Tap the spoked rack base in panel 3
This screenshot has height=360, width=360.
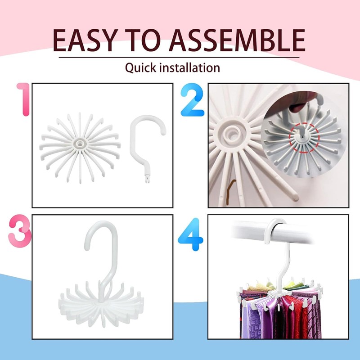coord(103,306)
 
